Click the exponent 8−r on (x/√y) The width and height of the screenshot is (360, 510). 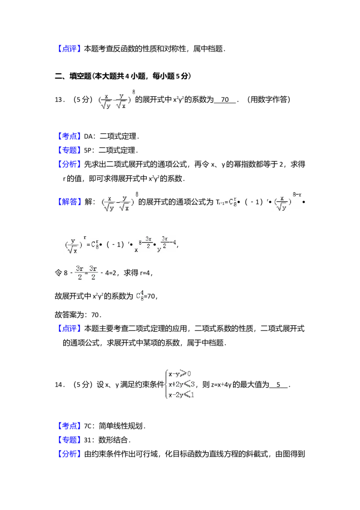297,194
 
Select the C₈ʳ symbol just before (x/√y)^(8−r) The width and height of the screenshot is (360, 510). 232,202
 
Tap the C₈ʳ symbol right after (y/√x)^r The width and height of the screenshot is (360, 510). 95,245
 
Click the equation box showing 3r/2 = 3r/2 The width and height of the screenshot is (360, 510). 86,272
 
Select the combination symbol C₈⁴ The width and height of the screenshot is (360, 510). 139,296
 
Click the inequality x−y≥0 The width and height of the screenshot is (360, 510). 180,374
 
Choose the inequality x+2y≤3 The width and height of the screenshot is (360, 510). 181,384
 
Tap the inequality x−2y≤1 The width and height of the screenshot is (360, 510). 180,395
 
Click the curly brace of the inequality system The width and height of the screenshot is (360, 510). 164,384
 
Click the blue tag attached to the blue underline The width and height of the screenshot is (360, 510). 70,201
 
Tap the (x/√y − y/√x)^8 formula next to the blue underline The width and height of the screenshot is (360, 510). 118,201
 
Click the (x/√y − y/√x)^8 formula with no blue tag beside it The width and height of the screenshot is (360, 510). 115,99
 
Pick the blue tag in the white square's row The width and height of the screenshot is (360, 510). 70,426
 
